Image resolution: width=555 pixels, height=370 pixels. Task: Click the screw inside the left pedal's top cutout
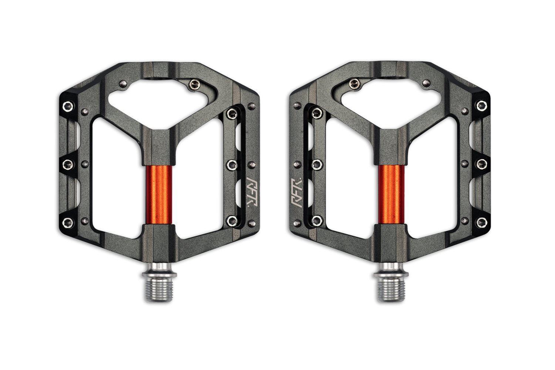pos(192,83)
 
